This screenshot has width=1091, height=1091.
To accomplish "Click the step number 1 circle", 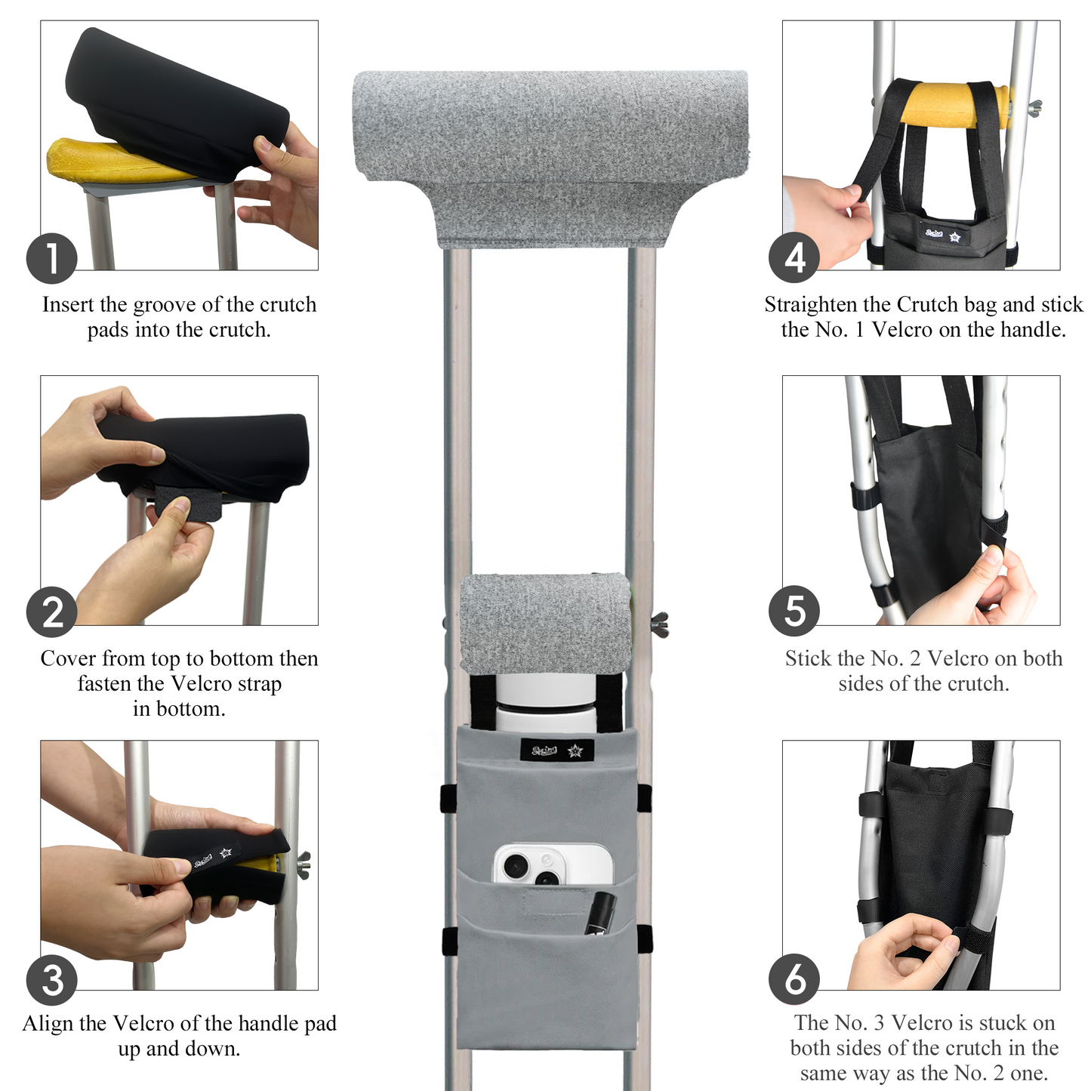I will click(x=52, y=258).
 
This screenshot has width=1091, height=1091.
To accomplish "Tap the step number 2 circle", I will click(x=52, y=612).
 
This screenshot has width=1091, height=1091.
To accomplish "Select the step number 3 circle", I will click(x=52, y=980).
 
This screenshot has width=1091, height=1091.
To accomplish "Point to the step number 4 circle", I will click(x=794, y=258).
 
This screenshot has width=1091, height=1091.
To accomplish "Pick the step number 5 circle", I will click(x=794, y=612).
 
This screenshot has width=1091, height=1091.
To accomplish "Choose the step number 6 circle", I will click(x=794, y=979).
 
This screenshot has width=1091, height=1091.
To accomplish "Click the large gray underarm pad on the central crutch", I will click(x=550, y=143).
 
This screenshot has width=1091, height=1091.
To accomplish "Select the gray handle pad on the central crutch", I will click(x=545, y=623).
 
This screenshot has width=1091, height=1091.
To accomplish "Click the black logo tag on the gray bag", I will click(x=557, y=750).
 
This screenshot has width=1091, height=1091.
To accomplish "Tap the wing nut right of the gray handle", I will click(x=660, y=624).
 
